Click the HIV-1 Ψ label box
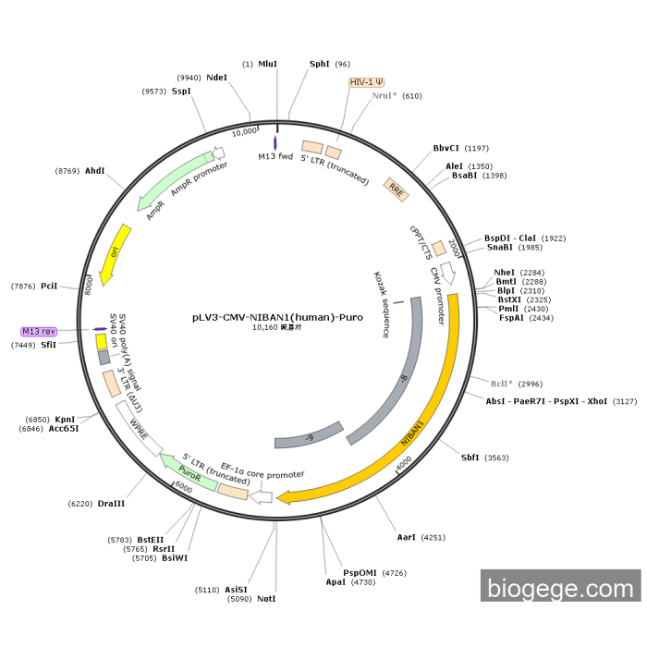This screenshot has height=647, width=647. click(366, 81)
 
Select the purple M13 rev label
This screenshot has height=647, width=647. click(39, 331)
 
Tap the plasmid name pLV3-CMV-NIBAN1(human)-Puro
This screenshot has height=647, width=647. click(277, 316)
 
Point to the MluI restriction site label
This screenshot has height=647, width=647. click(267, 64)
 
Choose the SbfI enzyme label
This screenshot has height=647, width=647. click(470, 457)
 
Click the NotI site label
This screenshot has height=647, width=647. click(266, 599)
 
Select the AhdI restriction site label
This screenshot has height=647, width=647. click(95, 170)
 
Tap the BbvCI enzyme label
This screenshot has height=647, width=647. click(446, 148)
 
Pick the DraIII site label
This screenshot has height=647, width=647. click(110, 503)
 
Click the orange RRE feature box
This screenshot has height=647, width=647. click(396, 190)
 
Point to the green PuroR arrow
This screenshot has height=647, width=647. click(189, 470)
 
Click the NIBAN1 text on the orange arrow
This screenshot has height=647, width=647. click(412, 434)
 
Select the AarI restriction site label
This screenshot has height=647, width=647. click(407, 536)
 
